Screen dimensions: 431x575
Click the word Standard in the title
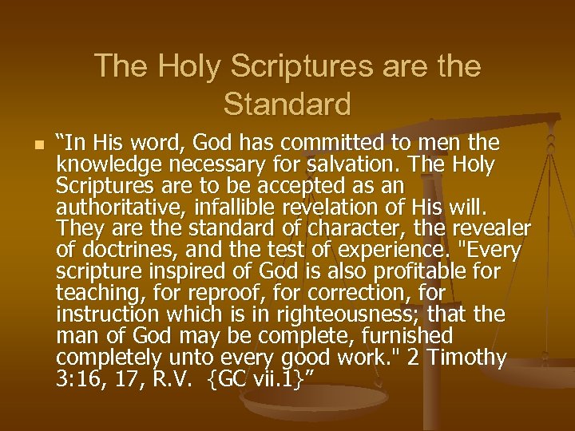click(287, 104)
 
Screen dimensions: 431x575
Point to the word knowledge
click(105, 165)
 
